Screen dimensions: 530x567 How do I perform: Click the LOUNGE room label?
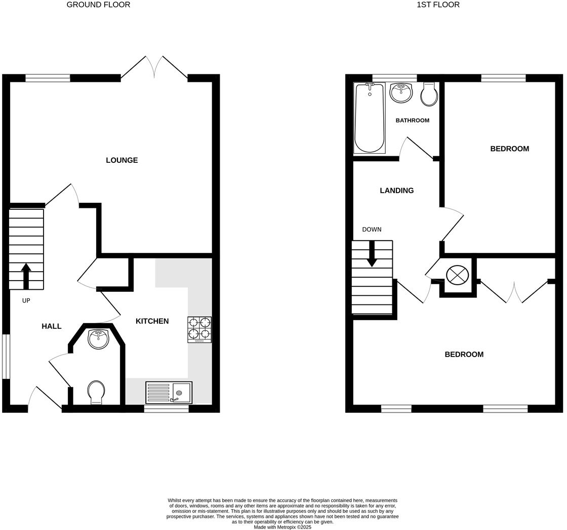tap(121, 160)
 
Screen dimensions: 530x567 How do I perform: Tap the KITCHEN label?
tap(152, 321)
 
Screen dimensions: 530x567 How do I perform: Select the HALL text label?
tap(51, 327)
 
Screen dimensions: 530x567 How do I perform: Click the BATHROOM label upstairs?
tap(412, 120)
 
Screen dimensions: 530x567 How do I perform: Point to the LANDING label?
tap(396, 191)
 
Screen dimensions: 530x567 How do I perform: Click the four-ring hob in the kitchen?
tap(199, 329)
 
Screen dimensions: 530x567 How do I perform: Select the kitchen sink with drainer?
tap(169, 392)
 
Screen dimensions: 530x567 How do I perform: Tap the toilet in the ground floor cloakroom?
tap(96, 392)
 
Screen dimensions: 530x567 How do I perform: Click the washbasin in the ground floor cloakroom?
tap(98, 339)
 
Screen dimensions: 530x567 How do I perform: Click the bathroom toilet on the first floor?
tap(429, 95)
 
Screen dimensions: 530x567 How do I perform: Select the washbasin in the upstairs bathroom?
tap(401, 93)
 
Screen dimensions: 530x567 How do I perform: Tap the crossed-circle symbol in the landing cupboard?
tap(457, 276)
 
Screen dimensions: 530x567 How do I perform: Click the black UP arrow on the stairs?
tap(26, 276)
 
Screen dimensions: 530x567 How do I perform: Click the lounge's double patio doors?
tap(154, 68)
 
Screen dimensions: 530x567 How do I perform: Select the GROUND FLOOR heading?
tap(98, 5)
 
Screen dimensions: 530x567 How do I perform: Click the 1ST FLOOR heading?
tap(438, 5)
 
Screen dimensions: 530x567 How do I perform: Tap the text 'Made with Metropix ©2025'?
tap(282, 527)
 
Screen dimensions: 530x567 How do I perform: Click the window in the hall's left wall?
tap(6, 356)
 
